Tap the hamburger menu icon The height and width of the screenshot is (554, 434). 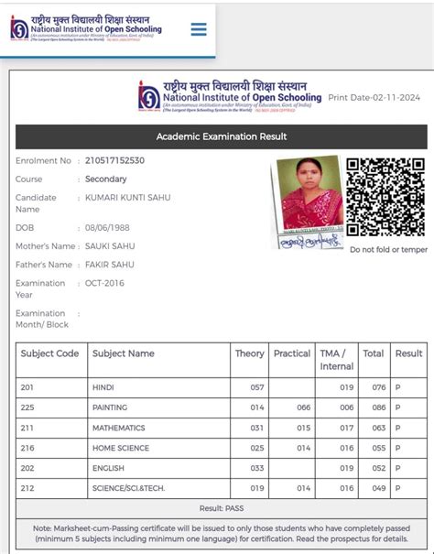pos(199,29)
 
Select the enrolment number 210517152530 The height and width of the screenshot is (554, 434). pos(114,161)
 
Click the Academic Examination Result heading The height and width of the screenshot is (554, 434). pos(222,136)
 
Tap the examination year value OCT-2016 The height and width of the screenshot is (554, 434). pos(106,284)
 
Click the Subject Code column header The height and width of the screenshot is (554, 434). pos(49,353)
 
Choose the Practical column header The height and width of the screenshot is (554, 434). pos(292,353)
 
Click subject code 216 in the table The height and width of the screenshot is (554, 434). pos(27,448)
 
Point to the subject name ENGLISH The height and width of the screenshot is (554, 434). pos(109,468)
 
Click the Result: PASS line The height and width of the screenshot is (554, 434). pos(222,508)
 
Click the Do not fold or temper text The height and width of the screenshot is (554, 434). pos(388,250)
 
